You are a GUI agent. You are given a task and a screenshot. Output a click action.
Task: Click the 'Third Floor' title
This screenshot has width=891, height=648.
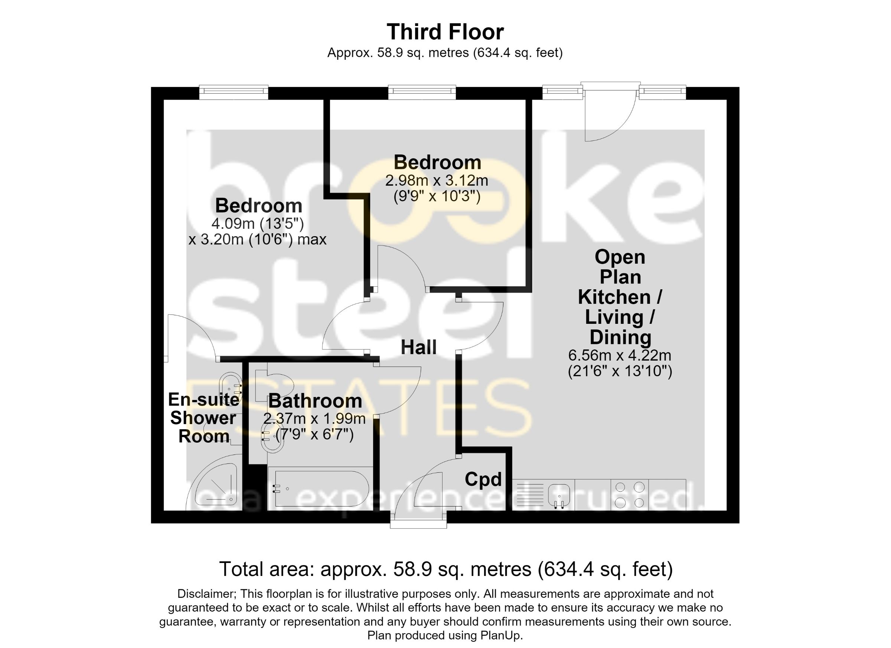[x=445, y=32]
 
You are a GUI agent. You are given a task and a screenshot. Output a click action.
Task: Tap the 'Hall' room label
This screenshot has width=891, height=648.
[x=418, y=347]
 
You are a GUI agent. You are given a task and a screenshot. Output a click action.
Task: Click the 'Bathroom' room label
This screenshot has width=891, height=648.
[x=315, y=401]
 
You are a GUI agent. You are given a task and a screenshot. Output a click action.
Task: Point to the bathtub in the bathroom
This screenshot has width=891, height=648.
[x=322, y=488]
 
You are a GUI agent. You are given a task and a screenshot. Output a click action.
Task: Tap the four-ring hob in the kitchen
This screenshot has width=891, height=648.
[x=630, y=495]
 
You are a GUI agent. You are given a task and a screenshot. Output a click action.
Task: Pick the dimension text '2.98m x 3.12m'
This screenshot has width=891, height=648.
[x=437, y=181]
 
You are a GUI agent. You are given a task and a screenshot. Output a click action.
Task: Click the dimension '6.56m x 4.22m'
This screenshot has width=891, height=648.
[x=620, y=356]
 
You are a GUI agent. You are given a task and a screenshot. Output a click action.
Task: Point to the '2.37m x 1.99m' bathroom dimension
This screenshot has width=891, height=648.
[x=314, y=419]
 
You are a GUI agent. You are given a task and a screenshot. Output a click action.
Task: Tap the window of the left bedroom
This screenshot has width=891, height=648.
[x=234, y=92]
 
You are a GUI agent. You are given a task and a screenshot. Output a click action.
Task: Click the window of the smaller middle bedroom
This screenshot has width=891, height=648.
[x=422, y=92]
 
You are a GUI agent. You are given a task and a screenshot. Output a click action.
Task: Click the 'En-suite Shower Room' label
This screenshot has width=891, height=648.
[x=203, y=418]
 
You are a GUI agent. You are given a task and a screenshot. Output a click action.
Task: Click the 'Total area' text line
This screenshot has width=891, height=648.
[x=446, y=569]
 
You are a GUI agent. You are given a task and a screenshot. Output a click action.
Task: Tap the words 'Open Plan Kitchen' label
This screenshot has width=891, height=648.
[x=620, y=277]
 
